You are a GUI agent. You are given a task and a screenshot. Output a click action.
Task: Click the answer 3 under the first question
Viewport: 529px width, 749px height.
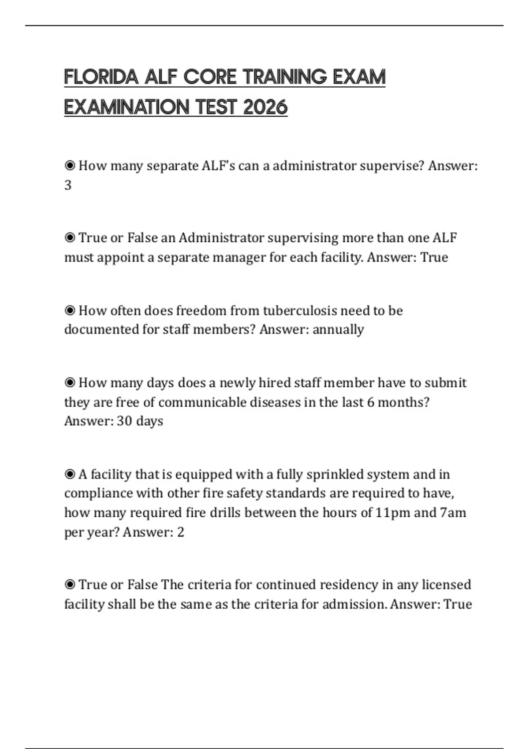point(68,185)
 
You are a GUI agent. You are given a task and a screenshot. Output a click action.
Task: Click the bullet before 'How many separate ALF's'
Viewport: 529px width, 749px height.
point(70,166)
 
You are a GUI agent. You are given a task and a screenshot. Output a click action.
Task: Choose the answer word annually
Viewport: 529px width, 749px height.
point(338,330)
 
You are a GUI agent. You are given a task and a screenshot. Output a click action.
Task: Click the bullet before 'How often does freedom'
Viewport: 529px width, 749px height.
point(70,311)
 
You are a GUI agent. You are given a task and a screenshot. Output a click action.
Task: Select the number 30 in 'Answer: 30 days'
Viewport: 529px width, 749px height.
point(124,421)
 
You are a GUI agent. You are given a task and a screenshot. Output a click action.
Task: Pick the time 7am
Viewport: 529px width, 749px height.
point(453,513)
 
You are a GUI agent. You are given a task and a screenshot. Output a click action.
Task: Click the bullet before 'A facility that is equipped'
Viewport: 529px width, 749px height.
point(70,475)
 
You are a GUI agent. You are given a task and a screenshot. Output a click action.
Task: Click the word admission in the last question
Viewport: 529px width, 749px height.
point(355,604)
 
